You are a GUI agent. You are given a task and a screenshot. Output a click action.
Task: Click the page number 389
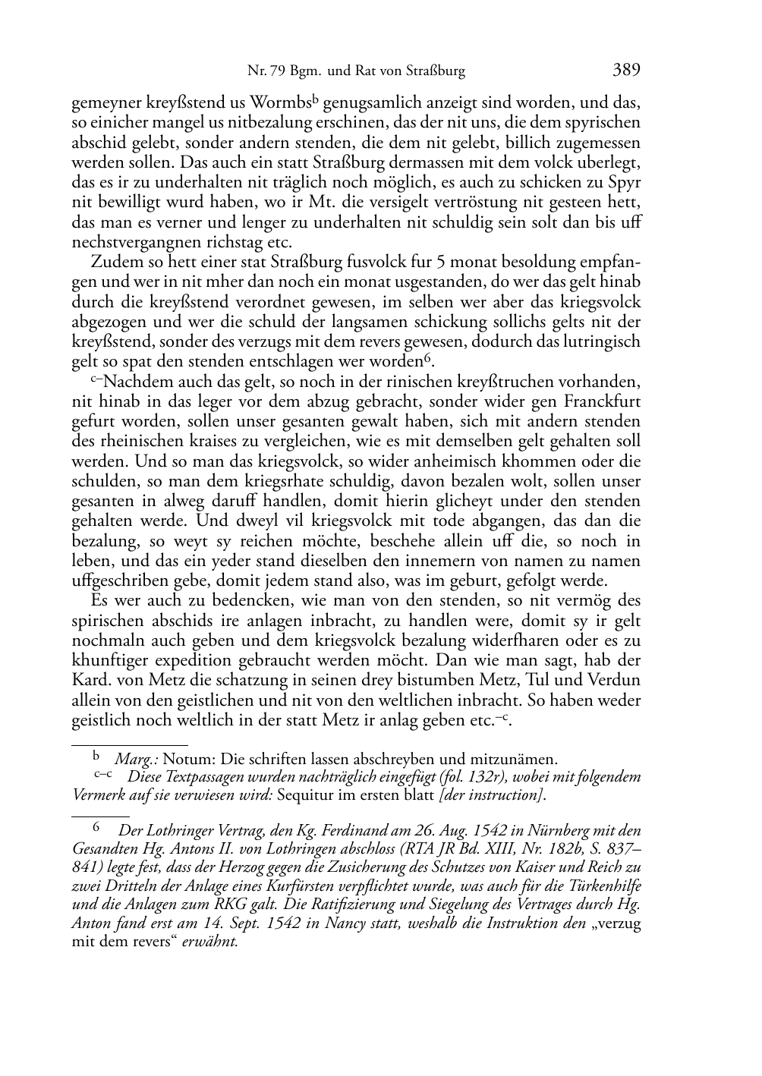pyautogui.click(x=626, y=71)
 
